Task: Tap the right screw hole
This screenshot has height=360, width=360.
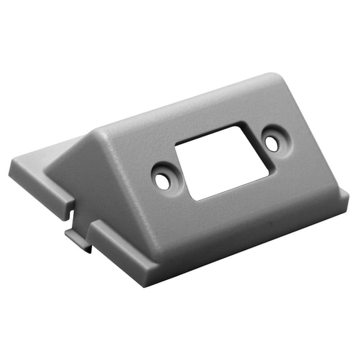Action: pyautogui.click(x=271, y=143)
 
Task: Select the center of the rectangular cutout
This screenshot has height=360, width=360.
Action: pyautogui.click(x=221, y=162)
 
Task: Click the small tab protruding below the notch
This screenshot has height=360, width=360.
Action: pyautogui.click(x=79, y=240)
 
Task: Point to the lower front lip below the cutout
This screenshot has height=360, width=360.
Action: pyautogui.click(x=244, y=231)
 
